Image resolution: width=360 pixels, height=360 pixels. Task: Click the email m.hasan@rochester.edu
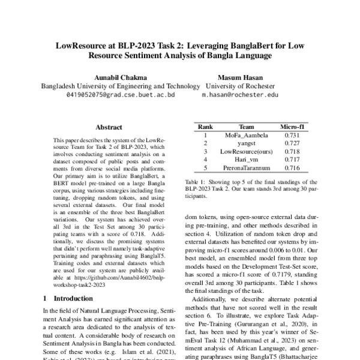239,95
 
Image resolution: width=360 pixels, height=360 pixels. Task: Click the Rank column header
206,127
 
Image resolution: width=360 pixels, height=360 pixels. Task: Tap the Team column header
246,127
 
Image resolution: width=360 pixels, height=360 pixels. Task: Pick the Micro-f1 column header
293,127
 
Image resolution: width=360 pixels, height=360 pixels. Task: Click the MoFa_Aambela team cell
246,136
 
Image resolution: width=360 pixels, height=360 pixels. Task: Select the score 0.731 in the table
293,136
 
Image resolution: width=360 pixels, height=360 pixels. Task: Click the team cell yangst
246,144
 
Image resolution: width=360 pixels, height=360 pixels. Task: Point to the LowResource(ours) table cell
246,152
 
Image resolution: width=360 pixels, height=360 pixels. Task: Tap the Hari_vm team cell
246,160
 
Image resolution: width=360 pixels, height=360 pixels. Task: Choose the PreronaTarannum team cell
246,169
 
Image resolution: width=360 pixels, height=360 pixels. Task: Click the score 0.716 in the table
293,169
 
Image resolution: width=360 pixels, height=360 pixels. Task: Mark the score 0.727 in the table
293,144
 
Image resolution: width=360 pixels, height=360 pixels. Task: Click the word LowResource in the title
83,44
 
